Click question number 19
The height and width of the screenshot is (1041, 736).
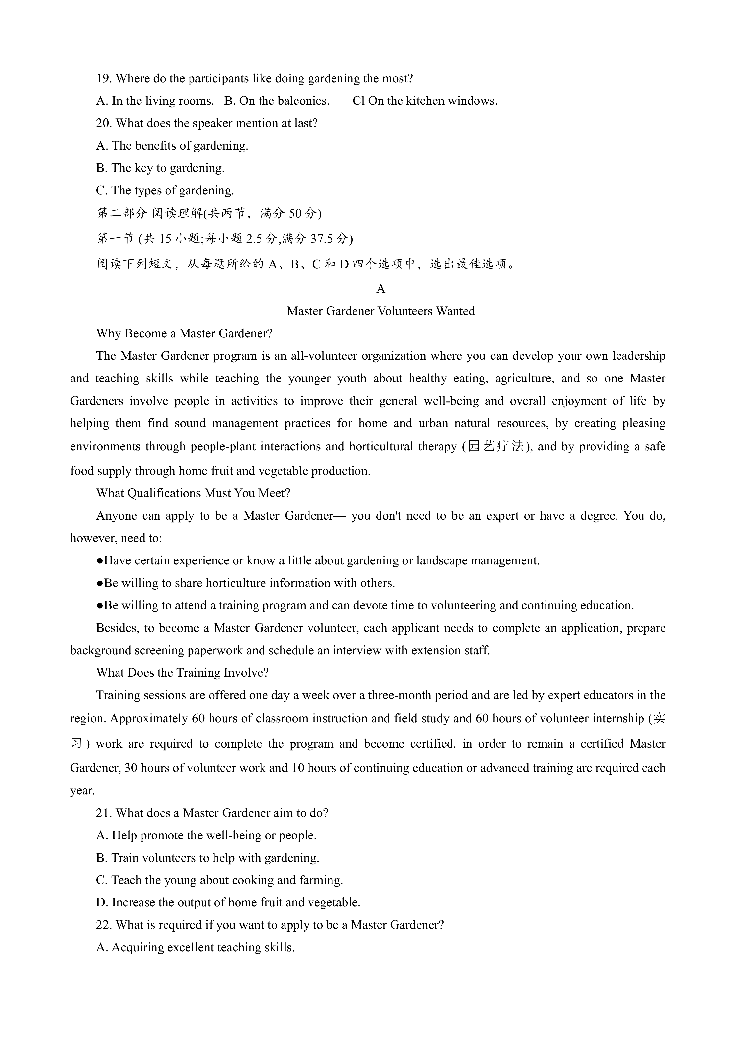click(x=104, y=79)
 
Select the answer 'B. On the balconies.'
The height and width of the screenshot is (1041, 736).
click(x=276, y=101)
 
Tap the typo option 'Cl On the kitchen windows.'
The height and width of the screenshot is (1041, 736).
click(x=425, y=101)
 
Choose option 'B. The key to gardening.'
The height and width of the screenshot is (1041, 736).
click(x=160, y=168)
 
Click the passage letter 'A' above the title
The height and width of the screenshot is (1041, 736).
click(x=381, y=289)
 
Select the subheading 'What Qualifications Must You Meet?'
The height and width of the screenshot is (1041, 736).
click(x=193, y=493)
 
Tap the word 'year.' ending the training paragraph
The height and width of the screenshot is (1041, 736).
click(x=82, y=791)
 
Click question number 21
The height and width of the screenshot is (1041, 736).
click(x=104, y=813)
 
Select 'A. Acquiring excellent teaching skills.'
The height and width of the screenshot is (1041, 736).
click(x=195, y=948)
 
